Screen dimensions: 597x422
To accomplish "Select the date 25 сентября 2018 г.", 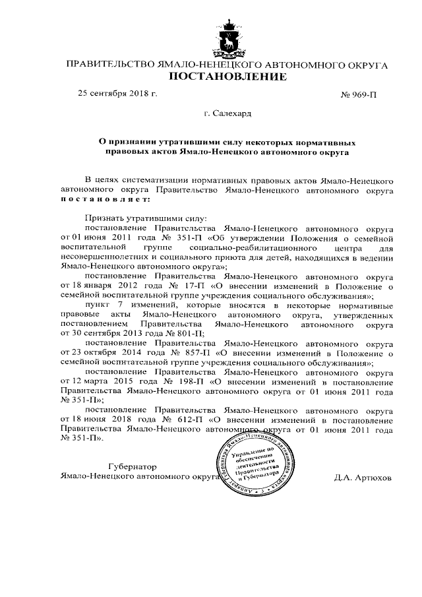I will (118, 94).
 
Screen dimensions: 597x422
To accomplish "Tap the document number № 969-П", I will (359, 95).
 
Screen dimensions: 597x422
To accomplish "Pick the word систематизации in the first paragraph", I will (154, 179).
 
